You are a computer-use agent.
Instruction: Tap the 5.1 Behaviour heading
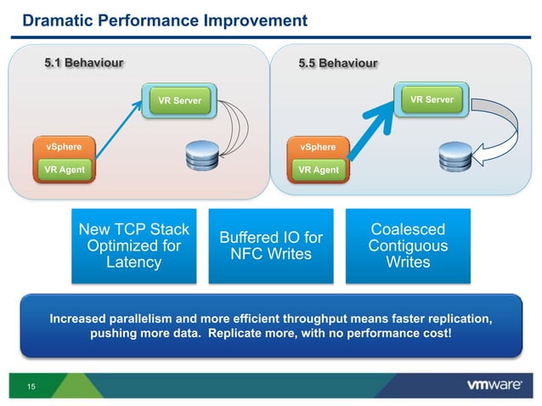tap(83, 62)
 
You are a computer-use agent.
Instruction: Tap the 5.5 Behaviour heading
tap(337, 62)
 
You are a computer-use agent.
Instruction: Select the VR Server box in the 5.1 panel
tap(180, 101)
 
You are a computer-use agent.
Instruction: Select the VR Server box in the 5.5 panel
tap(432, 99)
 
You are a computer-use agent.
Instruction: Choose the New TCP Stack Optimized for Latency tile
tap(133, 245)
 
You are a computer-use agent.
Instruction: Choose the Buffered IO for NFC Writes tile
tap(271, 245)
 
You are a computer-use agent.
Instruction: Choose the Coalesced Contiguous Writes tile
tap(407, 245)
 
